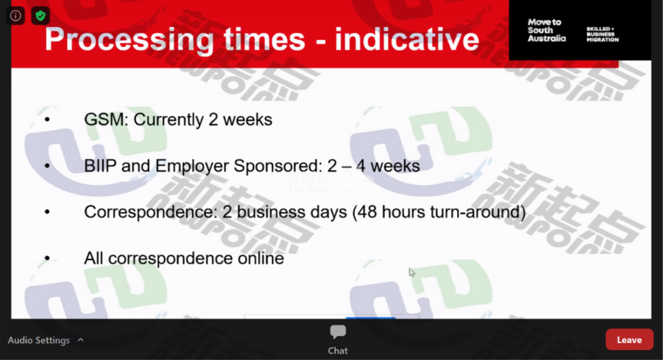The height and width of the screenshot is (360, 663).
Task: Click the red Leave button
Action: pos(629,340)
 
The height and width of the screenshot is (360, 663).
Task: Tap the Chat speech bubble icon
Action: pos(338,332)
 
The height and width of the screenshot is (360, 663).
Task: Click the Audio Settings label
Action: pos(39,340)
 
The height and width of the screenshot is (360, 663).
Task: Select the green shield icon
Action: pos(41,16)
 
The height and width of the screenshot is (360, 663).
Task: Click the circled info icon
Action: pos(15,16)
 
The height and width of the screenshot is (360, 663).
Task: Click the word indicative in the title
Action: pos(407,39)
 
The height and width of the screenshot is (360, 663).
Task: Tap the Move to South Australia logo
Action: pos(546,30)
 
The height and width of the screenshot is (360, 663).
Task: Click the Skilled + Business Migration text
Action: pos(603,34)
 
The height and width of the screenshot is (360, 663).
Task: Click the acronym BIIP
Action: pos(100,166)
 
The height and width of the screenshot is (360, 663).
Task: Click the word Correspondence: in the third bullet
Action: pos(151,212)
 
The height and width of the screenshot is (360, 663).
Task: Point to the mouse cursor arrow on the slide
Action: pos(411,272)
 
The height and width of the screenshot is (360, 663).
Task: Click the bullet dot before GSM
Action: pos(47,120)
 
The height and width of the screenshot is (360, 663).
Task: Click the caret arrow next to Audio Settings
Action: pos(81,340)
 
